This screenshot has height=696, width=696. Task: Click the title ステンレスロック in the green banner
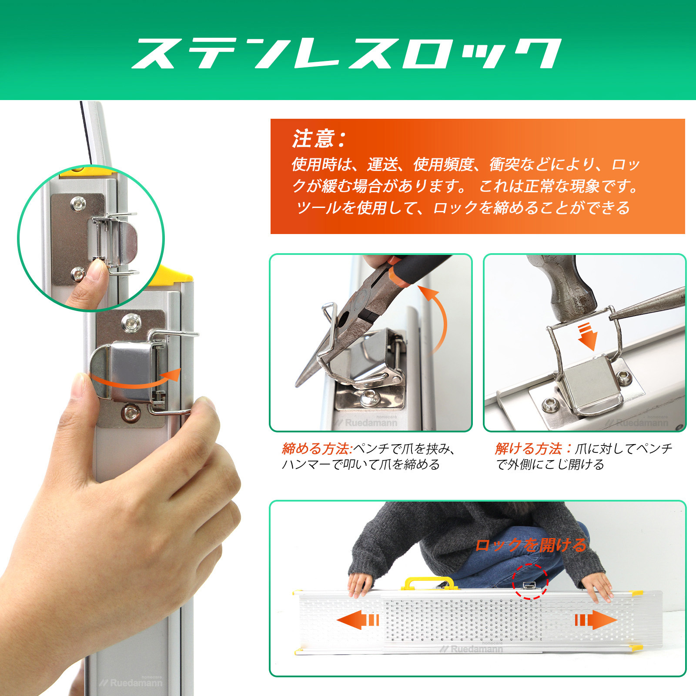coord(346,54)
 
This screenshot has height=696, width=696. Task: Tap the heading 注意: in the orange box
coord(319,139)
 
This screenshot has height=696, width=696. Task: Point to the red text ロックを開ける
coord(530,545)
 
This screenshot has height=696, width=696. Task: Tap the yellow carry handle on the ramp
coord(429,583)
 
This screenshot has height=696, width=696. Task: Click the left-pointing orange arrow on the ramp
coord(358,619)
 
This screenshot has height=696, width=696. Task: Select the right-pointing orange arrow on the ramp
coord(596,619)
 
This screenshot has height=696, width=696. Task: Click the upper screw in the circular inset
coord(78,203)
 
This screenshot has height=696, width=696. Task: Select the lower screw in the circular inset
coord(78,274)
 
